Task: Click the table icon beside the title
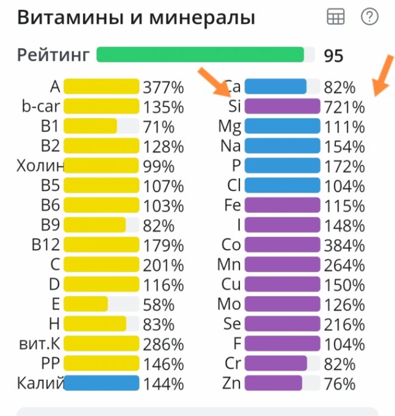(x=336, y=17)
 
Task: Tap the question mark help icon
(x=370, y=17)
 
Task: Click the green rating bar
(x=200, y=54)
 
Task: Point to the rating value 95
(x=334, y=56)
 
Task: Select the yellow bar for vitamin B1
(x=90, y=126)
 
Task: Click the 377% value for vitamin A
(x=163, y=87)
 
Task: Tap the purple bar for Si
(x=282, y=106)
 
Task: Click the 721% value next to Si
(x=344, y=107)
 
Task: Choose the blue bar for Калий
(x=101, y=384)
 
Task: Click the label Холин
(x=40, y=166)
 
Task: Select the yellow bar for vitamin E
(x=85, y=304)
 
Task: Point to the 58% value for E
(x=158, y=304)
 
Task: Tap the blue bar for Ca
(x=275, y=86)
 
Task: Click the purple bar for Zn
(x=273, y=384)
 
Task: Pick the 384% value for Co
(x=344, y=245)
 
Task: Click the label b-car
(x=40, y=106)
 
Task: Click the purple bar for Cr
(x=275, y=363)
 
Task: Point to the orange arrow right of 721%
(x=383, y=75)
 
